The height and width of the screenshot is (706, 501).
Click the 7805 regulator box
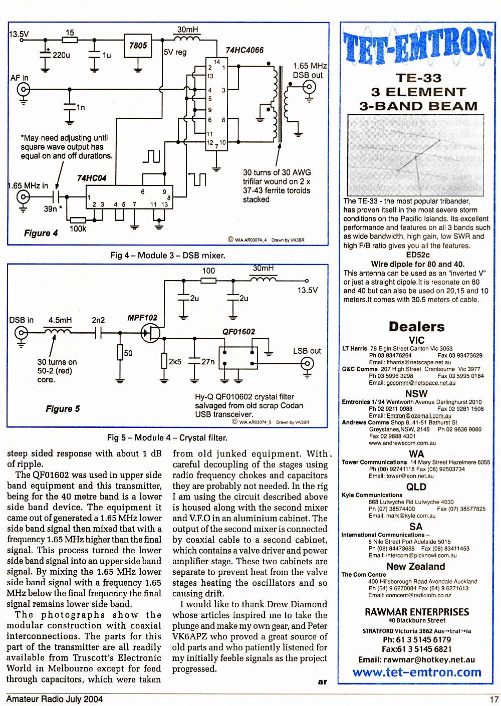pyautogui.click(x=138, y=46)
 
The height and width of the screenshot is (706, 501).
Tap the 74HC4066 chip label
pyautogui.click(x=244, y=50)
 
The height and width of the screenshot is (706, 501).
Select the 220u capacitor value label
pyautogui.click(x=61, y=56)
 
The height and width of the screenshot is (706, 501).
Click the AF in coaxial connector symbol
pyautogui.click(x=24, y=90)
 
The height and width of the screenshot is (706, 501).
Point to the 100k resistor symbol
pyautogui.click(x=78, y=220)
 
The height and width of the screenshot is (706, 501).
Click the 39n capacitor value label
pyautogui.click(x=51, y=209)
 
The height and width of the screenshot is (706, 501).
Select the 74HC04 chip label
pyautogui.click(x=92, y=178)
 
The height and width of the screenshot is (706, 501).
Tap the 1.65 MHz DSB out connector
pyautogui.click(x=309, y=87)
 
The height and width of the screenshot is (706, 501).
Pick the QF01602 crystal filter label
pyautogui.click(x=238, y=332)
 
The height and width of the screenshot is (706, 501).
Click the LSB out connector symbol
pyautogui.click(x=307, y=364)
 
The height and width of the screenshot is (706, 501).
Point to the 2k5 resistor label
pyautogui.click(x=175, y=362)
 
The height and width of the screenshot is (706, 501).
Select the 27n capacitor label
pyautogui.click(x=207, y=362)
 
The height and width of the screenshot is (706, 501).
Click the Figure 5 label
pyautogui.click(x=63, y=409)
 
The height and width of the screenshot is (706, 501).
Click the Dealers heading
pyautogui.click(x=416, y=327)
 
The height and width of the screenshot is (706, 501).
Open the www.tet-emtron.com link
pyautogui.click(x=417, y=672)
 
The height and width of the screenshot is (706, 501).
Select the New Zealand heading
pyautogui.click(x=416, y=566)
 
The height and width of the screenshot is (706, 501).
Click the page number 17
pyautogui.click(x=494, y=699)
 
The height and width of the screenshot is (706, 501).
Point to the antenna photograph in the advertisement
pyautogui.click(x=416, y=155)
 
